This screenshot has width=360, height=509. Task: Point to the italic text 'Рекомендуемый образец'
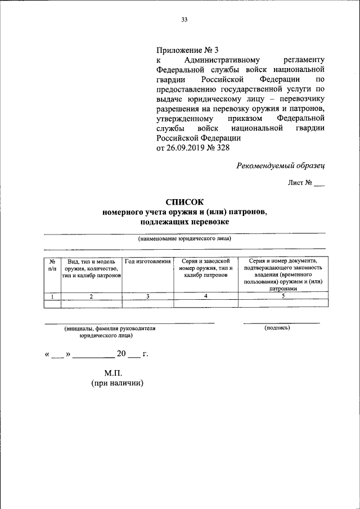coord(280,165)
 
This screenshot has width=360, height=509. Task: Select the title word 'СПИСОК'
coord(184,201)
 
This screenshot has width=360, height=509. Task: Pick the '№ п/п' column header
coord(52,265)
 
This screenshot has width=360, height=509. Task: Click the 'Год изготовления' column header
coord(147,262)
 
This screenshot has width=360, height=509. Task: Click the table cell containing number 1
coord(52,296)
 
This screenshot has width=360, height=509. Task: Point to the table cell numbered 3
coord(147,296)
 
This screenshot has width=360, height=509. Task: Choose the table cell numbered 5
coord(283,296)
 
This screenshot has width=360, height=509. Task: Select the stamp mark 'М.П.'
coord(112,373)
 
